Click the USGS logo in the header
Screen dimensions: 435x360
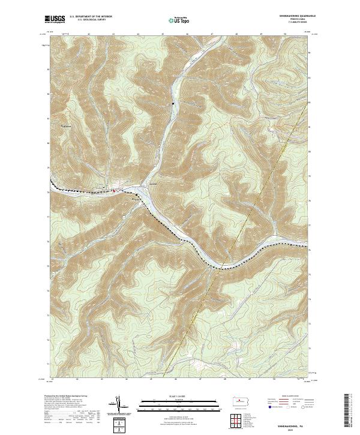[x=55, y=19]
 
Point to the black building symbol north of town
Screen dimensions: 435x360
[x=173, y=105]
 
